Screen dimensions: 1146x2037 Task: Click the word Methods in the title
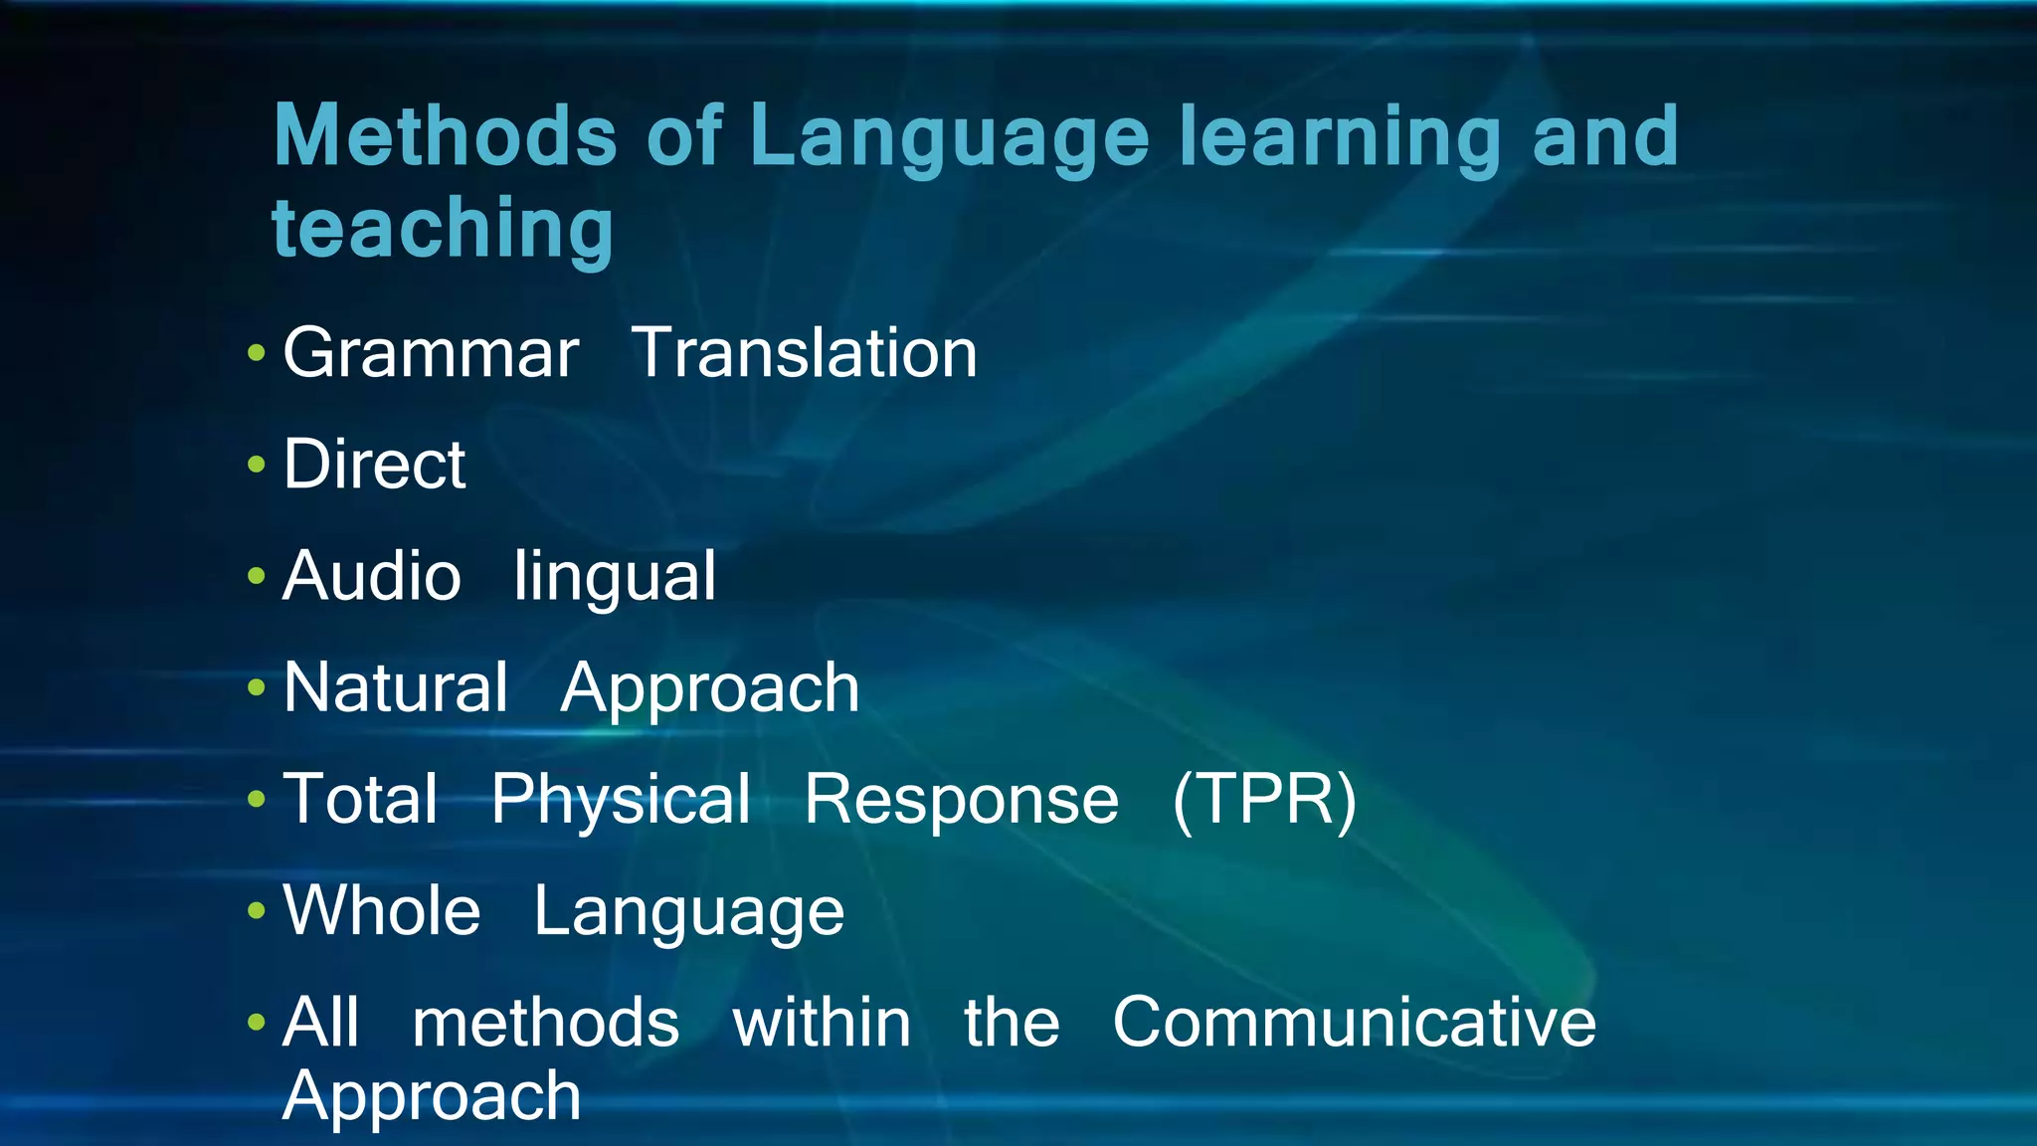point(445,136)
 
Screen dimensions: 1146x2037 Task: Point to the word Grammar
point(431,354)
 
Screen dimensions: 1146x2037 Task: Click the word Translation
point(805,354)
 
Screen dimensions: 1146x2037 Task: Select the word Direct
point(374,465)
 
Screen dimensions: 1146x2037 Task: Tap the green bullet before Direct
point(257,465)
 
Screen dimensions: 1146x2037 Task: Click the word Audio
point(372,576)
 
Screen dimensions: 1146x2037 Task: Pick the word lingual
point(614,578)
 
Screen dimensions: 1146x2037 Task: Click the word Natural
point(395,687)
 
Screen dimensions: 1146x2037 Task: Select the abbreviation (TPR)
point(1264,800)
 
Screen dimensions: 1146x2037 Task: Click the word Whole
point(382,910)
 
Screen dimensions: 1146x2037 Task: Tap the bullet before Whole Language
point(257,910)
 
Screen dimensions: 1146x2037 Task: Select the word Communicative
point(1354,1023)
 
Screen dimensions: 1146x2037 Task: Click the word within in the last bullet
point(822,1023)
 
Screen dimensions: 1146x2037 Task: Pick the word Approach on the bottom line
point(431,1097)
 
